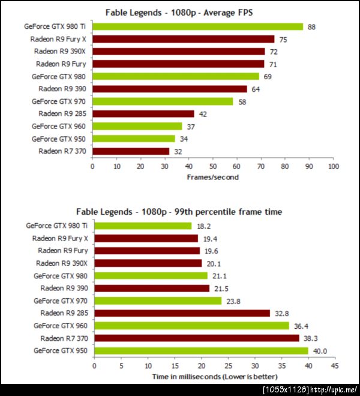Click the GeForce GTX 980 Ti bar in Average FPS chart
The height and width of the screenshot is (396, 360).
point(197,26)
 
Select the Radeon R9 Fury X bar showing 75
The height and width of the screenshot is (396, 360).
point(183,39)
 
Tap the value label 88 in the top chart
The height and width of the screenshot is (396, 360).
point(312,26)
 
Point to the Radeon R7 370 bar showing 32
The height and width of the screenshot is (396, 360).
point(131,151)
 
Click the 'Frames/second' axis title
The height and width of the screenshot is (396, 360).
point(212,178)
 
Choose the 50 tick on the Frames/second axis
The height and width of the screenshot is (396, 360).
point(213,166)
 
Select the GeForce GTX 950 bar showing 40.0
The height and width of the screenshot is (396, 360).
point(201,350)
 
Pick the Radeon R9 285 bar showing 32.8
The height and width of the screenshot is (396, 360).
point(182,313)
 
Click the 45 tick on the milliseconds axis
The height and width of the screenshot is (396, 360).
point(335,365)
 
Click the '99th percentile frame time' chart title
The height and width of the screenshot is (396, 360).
point(179,212)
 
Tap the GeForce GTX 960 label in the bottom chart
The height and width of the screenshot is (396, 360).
point(60,325)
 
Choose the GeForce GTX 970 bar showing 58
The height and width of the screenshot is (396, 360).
point(163,101)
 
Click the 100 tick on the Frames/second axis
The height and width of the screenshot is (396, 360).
point(333,166)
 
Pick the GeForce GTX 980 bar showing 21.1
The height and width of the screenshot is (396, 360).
point(151,275)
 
